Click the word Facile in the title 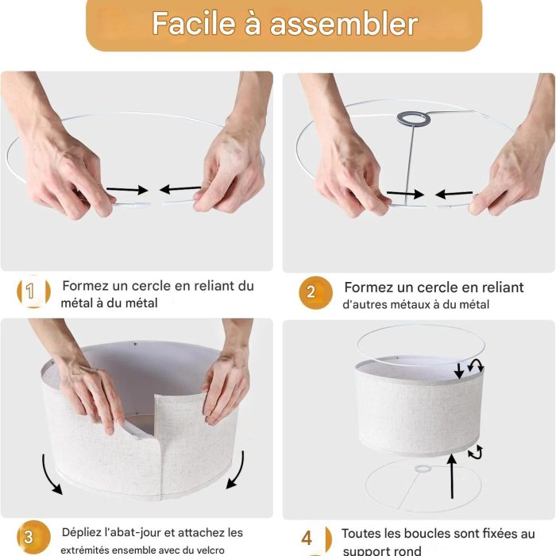tap(195, 23)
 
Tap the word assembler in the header tap(344, 24)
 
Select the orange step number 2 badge tap(315, 292)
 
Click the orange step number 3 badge tap(33, 537)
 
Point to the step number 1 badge tap(33, 292)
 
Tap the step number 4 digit tap(307, 538)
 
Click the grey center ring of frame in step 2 tap(414, 118)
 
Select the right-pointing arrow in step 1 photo tap(127, 190)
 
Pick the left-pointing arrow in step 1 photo tap(180, 189)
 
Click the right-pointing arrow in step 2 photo tap(405, 194)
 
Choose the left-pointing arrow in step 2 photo tap(454, 194)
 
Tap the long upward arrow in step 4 tap(452, 476)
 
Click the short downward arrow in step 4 tap(459, 370)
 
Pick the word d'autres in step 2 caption tap(365, 304)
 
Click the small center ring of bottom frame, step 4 tap(423, 469)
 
